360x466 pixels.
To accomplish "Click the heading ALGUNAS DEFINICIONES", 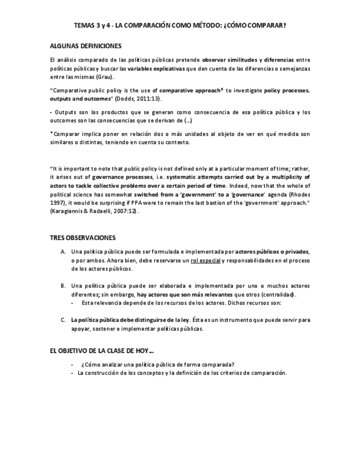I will tap(85, 46).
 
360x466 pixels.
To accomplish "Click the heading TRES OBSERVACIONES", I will tap(82, 238).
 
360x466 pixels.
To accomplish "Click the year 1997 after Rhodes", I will tap(57, 203).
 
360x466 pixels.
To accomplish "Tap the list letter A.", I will tap(63, 252).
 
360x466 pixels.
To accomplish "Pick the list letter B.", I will tap(63, 286).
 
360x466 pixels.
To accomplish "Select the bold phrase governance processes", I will tap(123, 177).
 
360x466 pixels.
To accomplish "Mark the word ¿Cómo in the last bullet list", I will tap(91, 364).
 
